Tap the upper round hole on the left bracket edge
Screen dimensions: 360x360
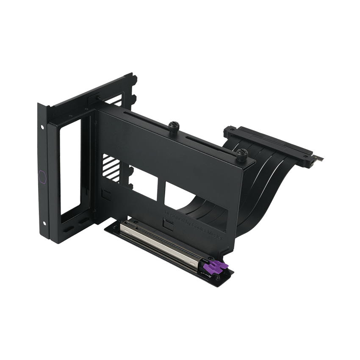[x=43, y=127]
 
